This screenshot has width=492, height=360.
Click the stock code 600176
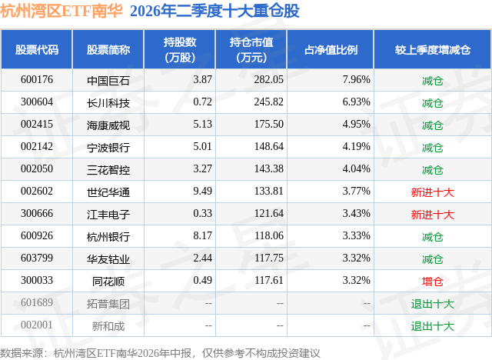pos(37,80)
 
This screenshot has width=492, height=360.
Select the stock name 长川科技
pos(108,103)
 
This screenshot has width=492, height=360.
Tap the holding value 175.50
pos(269,125)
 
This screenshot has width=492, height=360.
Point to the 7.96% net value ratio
pos(356,80)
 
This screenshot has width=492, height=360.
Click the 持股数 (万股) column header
pos(180,49)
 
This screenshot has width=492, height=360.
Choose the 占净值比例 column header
pos(331,50)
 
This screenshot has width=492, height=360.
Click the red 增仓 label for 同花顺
pos(432,282)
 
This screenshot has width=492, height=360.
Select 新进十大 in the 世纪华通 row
pos(432,192)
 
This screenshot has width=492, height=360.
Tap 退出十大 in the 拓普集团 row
pos(432,304)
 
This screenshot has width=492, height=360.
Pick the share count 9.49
pos(202,191)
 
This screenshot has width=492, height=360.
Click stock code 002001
pos(37,325)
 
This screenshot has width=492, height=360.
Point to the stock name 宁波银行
pos(108,148)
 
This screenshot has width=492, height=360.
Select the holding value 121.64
pos(269,213)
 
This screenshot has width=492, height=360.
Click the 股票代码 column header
pos(37,50)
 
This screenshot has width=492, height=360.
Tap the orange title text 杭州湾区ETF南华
pos(61,11)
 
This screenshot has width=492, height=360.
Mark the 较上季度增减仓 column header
pos(432,50)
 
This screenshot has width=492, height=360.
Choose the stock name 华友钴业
pos(108,259)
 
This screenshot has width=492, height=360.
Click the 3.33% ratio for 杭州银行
pos(356,235)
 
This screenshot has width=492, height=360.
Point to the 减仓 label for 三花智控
pos(432,170)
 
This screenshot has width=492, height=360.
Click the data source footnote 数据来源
pos(22,353)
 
